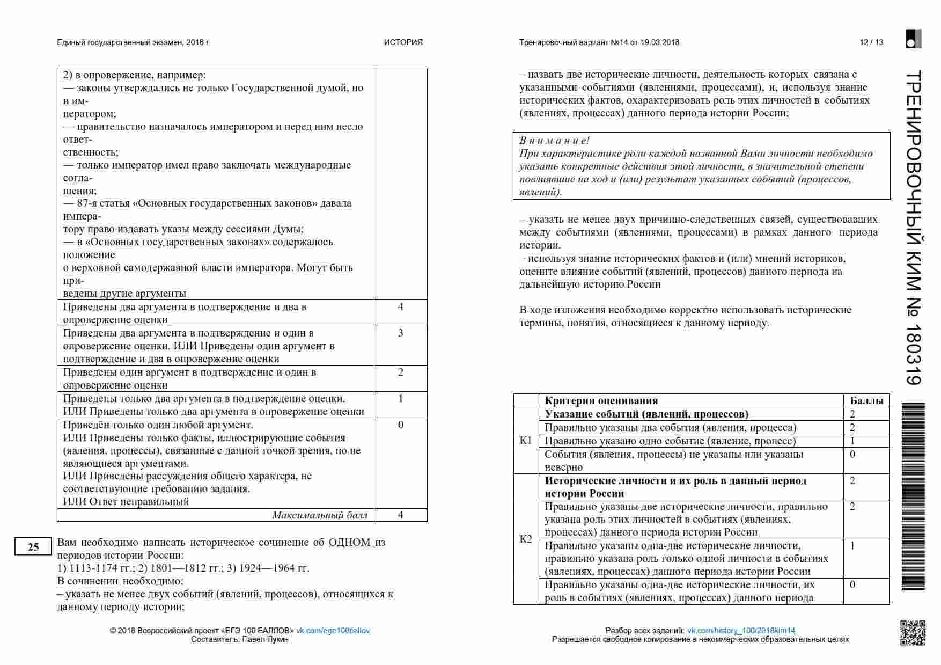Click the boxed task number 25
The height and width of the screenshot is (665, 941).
[x=33, y=546]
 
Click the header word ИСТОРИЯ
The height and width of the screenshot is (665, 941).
[x=403, y=42]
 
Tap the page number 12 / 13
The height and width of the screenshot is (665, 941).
[x=871, y=42]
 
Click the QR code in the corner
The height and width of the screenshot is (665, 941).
[x=912, y=632]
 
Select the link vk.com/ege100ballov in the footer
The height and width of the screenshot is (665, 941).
[x=333, y=631]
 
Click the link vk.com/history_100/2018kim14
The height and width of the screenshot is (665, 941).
[x=741, y=631]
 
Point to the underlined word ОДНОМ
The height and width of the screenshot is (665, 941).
[x=350, y=542]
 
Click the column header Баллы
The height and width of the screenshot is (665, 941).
[x=866, y=400]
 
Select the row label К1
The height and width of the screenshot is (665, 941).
[x=526, y=441]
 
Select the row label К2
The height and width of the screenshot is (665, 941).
[x=526, y=539]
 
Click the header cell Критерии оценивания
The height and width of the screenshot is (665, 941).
[x=601, y=400]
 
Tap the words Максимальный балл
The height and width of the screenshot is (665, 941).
[x=320, y=515]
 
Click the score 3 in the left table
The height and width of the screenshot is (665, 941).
[x=400, y=333]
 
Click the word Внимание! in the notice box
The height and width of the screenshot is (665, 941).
[x=554, y=141]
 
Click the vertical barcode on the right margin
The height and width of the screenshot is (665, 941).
[x=914, y=496]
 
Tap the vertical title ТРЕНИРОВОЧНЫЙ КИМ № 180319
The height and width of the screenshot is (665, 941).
[x=914, y=228]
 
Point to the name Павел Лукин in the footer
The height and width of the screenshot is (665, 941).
[x=265, y=639]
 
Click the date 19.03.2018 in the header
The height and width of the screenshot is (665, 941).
[x=659, y=42]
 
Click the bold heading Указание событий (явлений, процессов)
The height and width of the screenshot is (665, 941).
[x=646, y=414]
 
